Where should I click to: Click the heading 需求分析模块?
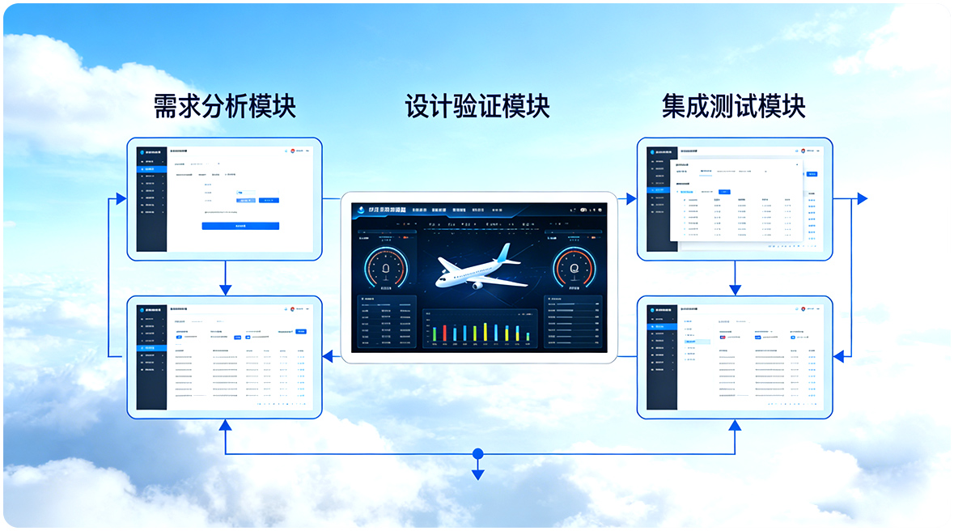pos(224,106)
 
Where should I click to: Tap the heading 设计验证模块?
pos(477,106)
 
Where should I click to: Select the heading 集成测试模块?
pos(733,106)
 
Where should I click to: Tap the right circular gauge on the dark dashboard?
pos(574,268)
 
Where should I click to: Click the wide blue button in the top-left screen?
pos(240,226)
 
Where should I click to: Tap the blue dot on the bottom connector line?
pos(477,453)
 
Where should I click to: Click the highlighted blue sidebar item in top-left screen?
pos(152,169)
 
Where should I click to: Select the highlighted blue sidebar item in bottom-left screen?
pos(152,347)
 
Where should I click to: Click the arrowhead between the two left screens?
pos(225,290)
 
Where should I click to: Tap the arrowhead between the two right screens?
pos(735,290)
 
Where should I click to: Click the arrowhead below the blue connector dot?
pos(477,474)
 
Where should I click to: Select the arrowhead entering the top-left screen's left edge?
pos(121,198)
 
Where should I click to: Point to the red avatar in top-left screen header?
pos(293,151)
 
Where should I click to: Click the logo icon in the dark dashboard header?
pos(360,210)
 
